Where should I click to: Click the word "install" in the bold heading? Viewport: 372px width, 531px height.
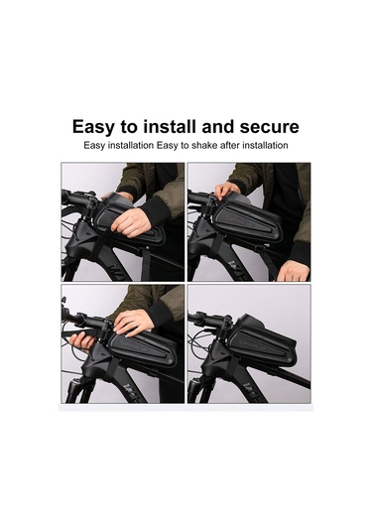coord(170,127)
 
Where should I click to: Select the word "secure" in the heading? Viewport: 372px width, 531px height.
coord(270,127)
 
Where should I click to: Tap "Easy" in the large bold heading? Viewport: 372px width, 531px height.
coord(93,127)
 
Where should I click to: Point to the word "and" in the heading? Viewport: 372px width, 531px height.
coord(218,127)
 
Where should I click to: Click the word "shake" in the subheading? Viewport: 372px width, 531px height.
coord(204,146)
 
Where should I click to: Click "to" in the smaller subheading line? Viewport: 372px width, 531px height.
coord(185,146)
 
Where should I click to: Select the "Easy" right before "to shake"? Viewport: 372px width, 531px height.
coord(168,146)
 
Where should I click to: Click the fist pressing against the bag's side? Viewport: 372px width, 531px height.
coord(131,222)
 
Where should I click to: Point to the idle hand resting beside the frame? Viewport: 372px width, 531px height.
coord(293,270)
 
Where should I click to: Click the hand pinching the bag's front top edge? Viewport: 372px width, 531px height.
coord(226,191)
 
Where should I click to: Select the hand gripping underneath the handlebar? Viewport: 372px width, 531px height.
coord(81,342)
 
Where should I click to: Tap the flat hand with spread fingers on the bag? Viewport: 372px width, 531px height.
coord(133,322)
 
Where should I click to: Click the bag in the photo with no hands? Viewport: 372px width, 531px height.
coord(263,343)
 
